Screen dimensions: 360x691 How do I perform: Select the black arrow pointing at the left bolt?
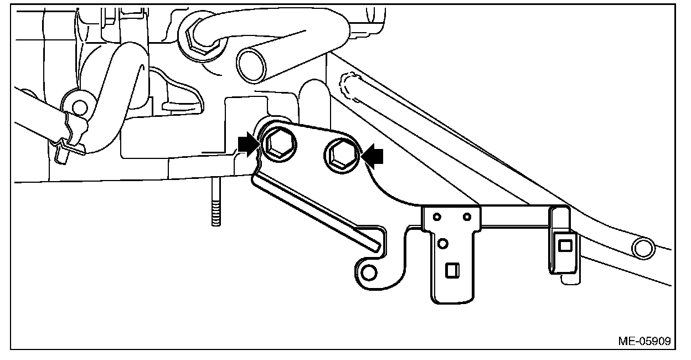[x=247, y=145]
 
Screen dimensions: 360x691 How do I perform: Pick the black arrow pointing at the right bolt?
[x=372, y=156]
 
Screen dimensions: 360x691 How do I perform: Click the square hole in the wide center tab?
[x=452, y=270]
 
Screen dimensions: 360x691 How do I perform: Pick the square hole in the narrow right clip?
[x=565, y=245]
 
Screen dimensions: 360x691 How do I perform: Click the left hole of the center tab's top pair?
[x=437, y=216]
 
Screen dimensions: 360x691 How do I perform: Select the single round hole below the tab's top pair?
[x=442, y=243]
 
